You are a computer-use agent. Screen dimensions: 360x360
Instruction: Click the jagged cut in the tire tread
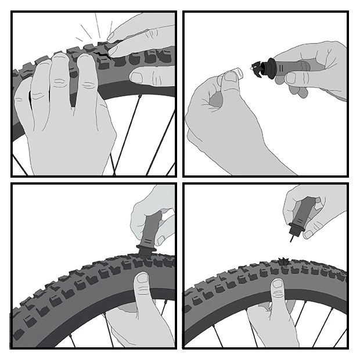105,56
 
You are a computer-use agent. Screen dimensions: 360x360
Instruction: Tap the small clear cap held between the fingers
231,75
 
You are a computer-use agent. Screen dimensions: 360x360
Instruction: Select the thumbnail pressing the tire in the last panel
278,285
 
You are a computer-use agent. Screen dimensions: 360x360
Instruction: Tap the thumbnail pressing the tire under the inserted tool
141,280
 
